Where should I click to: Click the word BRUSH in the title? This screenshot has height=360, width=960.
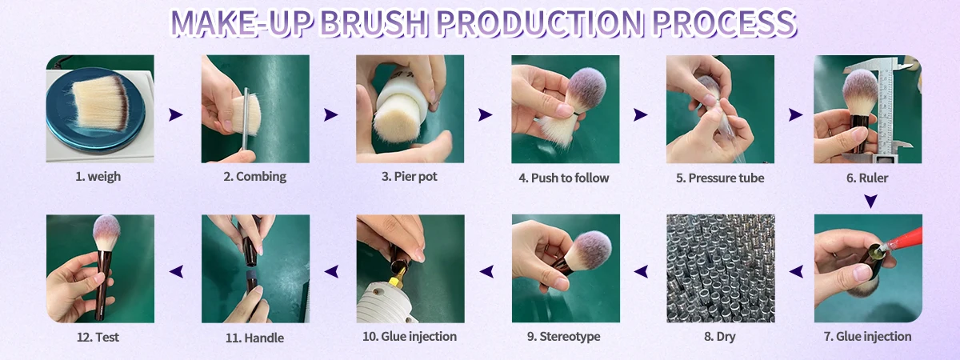pos(373,22)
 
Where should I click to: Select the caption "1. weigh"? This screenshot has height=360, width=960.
pos(98,177)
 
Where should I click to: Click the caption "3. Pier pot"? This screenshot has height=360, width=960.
pos(410,177)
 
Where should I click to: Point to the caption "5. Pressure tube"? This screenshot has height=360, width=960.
pos(720,178)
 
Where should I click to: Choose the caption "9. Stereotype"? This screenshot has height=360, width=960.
pos(563,337)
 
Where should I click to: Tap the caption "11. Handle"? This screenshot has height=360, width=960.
pos(254,338)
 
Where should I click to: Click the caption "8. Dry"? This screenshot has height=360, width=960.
pos(719,337)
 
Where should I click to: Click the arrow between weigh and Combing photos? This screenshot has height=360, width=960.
pos(176,114)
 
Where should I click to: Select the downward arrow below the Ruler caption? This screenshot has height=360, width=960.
pos(870,201)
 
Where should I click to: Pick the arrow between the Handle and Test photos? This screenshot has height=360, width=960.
pos(176,271)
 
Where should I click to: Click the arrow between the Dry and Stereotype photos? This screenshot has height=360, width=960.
pos(641,271)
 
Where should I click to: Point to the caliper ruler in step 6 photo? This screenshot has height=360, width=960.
pos(885,107)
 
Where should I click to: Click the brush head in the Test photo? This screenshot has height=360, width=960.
pos(106,233)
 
